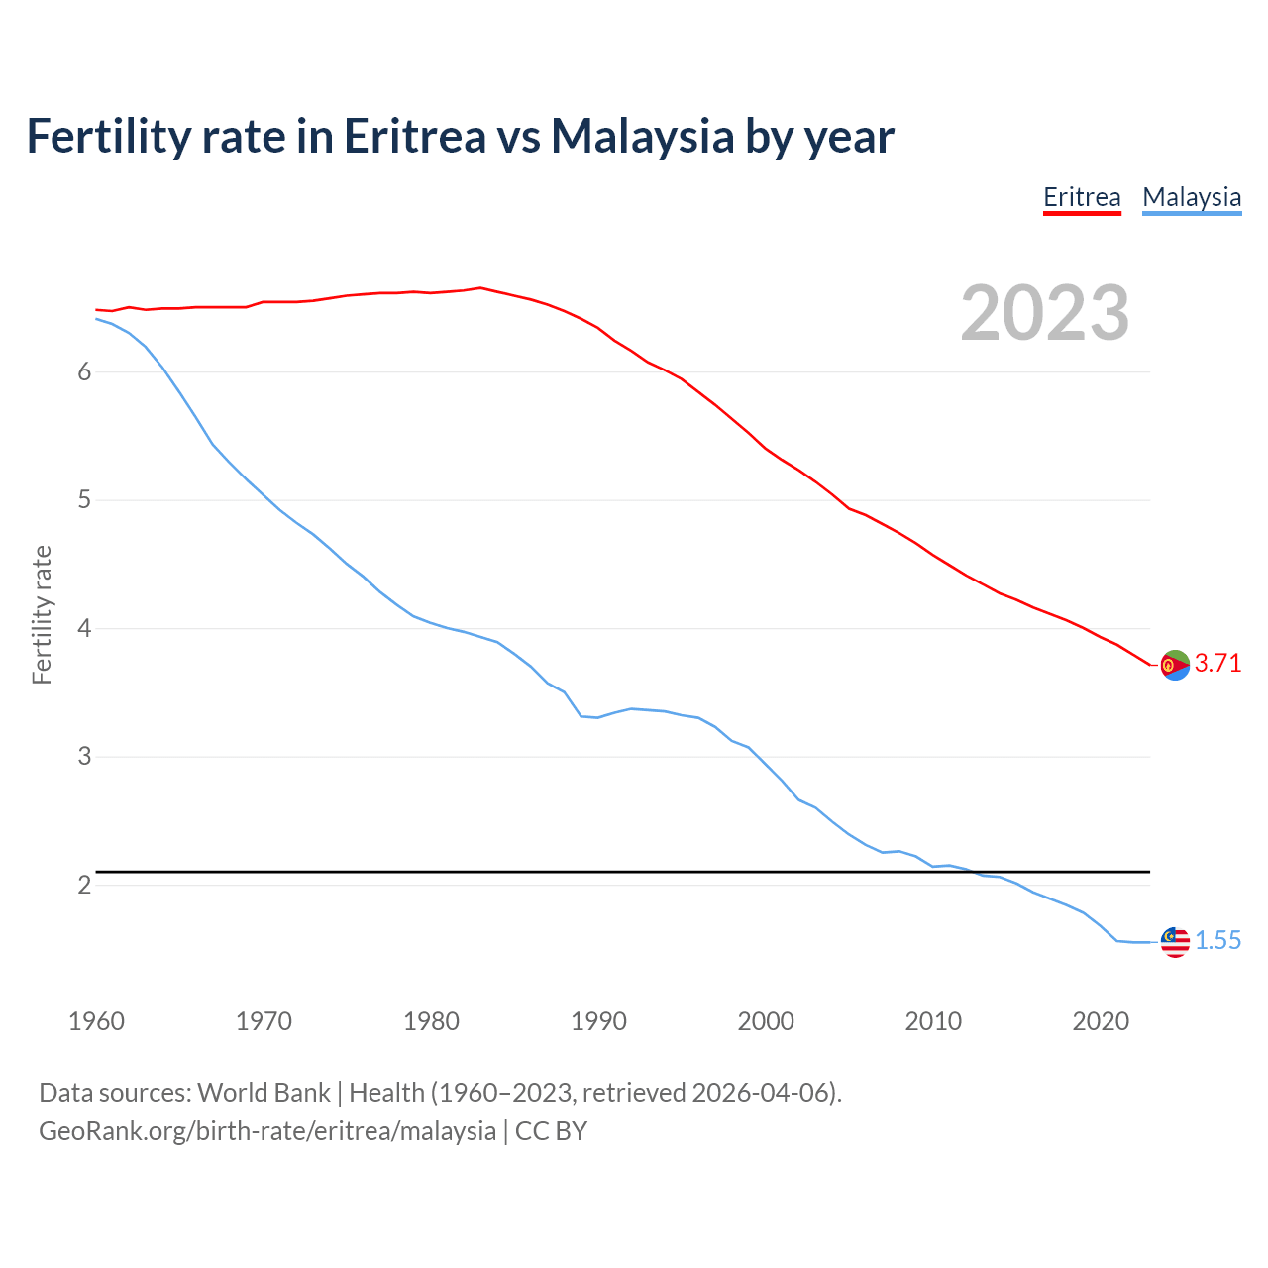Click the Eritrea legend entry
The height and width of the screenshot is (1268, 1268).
pos(1082,197)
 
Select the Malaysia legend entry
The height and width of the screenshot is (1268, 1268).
pos(1192,197)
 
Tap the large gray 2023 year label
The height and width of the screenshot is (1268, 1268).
pos(1045,313)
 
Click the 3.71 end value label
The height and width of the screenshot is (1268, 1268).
pos(1217,664)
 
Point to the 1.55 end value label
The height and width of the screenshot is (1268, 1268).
pos(1217,941)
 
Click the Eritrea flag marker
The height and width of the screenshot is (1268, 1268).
pos(1175,665)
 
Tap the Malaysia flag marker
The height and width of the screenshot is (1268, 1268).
pos(1175,942)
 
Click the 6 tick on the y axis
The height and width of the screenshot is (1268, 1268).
pos(84,371)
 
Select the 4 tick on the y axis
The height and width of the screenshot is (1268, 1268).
pos(84,628)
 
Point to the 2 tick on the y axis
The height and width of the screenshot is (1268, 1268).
pos(84,885)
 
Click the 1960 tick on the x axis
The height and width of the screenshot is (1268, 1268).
pos(96,1021)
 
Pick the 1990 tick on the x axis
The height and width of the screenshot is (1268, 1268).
pos(598,1021)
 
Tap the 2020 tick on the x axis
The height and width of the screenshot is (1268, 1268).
pos(1101,1021)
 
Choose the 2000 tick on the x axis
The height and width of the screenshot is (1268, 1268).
pos(766,1021)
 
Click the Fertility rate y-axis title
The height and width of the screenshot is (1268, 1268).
pos(42,614)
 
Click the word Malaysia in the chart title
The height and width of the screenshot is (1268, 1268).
pos(642,136)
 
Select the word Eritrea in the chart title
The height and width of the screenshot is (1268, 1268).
pos(415,136)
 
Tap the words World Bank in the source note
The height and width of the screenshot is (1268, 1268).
pos(264,1093)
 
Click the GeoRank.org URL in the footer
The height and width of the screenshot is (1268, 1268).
pos(267,1131)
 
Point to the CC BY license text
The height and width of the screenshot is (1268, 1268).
pos(551,1131)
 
